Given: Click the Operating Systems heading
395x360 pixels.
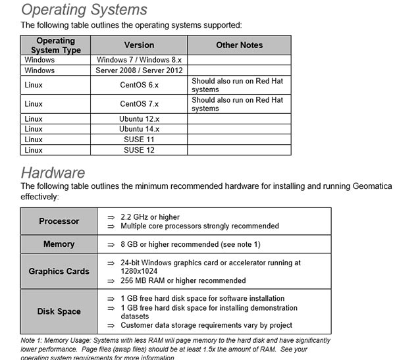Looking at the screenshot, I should click(x=84, y=10).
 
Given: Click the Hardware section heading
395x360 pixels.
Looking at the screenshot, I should click(x=53, y=173).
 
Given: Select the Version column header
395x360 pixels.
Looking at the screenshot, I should click(x=139, y=45).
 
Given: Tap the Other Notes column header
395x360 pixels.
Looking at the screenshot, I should click(x=239, y=45).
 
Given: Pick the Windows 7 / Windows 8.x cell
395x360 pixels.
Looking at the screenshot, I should click(x=139, y=60).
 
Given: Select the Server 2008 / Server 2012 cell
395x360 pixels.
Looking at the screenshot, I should click(x=139, y=70).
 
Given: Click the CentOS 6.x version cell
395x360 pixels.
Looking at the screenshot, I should click(x=139, y=86).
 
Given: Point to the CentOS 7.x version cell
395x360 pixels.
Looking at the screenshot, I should click(x=139, y=104).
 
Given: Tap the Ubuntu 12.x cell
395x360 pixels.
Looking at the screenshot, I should click(x=139, y=119).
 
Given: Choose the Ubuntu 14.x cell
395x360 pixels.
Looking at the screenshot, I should click(x=139, y=130).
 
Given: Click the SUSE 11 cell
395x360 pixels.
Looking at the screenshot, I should click(x=139, y=140).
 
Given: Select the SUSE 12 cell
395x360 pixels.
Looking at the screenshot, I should click(x=139, y=150).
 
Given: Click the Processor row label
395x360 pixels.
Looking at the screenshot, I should click(x=59, y=221).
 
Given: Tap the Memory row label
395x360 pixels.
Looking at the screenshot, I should click(x=59, y=244).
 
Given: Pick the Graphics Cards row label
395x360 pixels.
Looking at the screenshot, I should click(x=59, y=271).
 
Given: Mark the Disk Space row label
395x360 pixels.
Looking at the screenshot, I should click(x=59, y=311).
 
